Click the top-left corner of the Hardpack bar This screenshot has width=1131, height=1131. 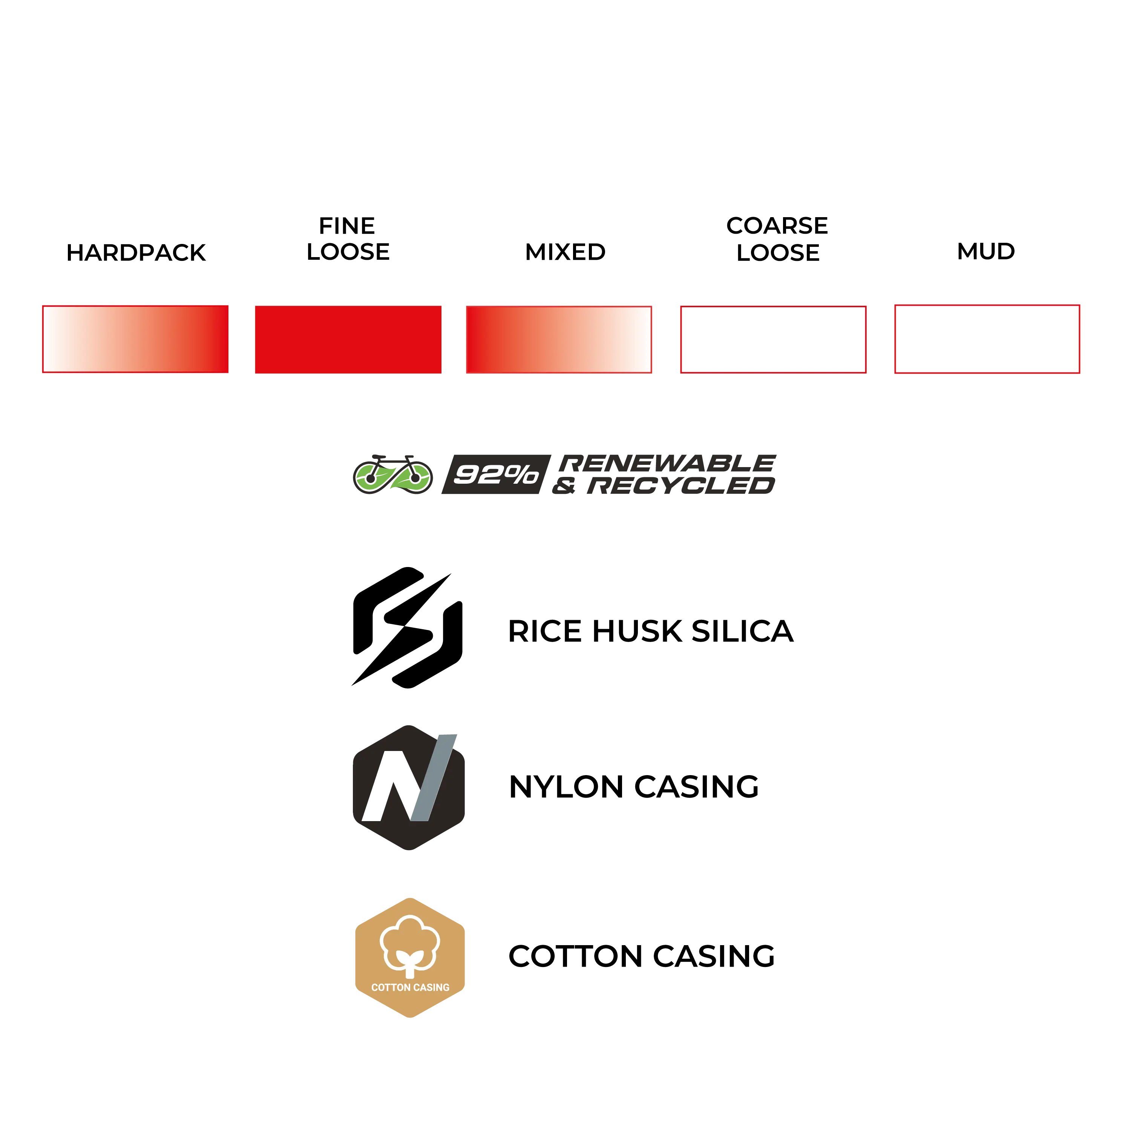[43, 306]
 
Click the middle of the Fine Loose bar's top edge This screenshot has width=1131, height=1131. [348, 306]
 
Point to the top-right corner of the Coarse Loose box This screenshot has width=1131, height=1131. [866, 306]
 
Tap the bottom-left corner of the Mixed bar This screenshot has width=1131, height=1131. [467, 373]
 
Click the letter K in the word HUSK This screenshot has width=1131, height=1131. [670, 631]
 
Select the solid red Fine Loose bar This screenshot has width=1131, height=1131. [348, 340]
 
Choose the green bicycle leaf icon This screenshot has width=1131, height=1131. [393, 474]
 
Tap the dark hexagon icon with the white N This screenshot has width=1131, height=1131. [409, 788]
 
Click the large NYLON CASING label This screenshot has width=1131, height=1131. [634, 787]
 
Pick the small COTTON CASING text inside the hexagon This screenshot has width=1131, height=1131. [411, 988]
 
